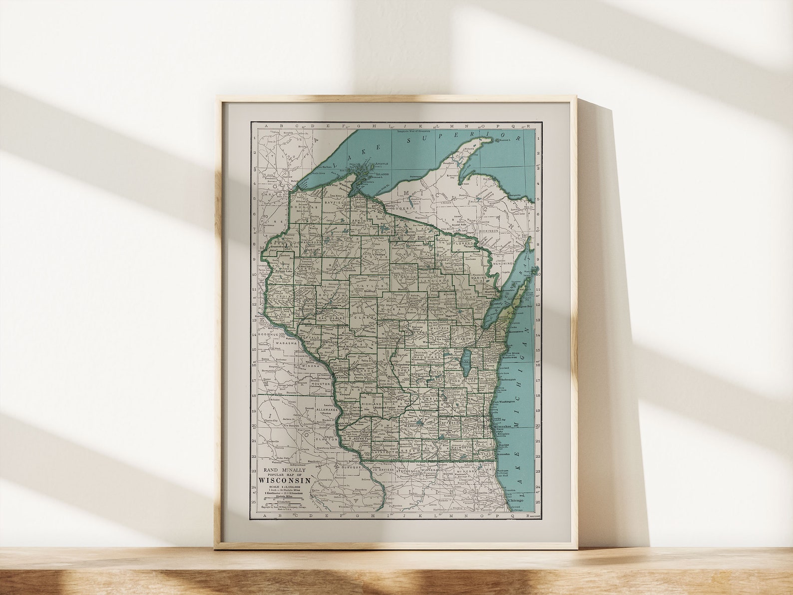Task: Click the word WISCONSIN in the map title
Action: point(285,480)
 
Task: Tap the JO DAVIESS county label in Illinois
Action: point(383,470)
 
